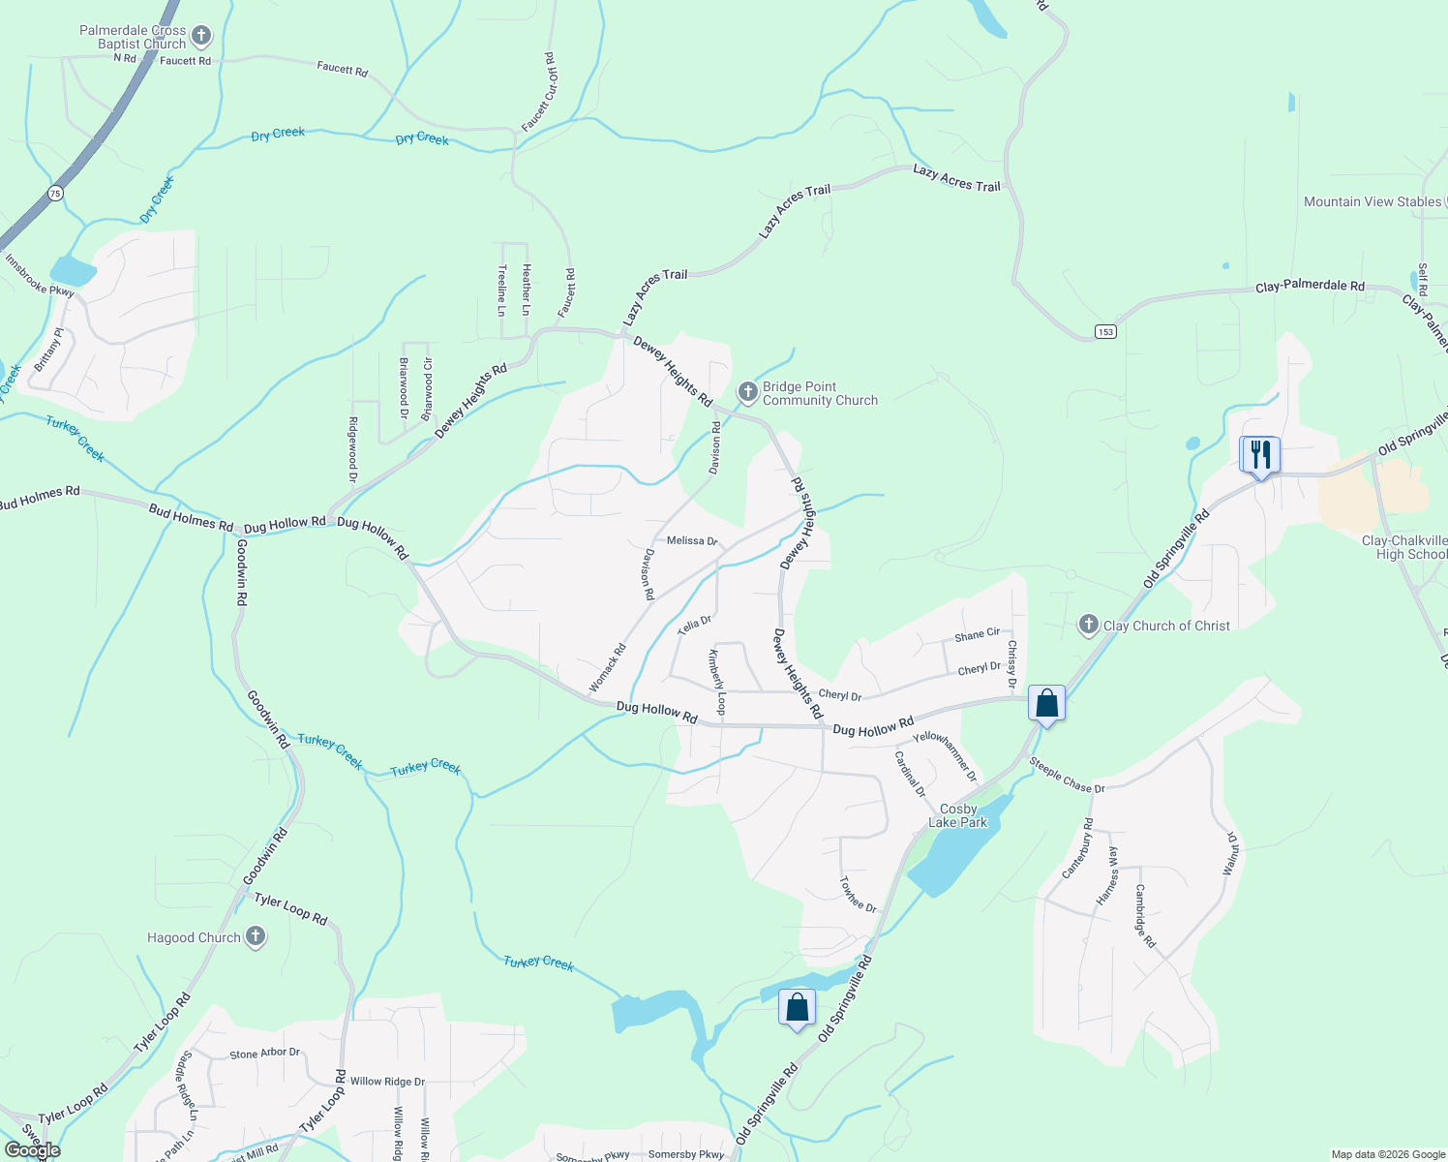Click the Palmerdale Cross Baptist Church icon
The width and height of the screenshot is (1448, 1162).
(201, 37)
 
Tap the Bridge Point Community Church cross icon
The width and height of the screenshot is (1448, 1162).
(747, 392)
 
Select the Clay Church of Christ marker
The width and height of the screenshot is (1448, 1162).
(1088, 625)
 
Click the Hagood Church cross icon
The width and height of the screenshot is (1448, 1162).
(255, 936)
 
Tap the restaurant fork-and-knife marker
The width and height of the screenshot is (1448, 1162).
(1260, 453)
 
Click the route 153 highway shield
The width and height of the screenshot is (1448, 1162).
(1105, 331)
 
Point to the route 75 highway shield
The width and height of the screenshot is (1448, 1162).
(55, 194)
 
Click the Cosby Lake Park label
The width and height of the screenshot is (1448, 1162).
(958, 815)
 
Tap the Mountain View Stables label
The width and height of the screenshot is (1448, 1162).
(1372, 201)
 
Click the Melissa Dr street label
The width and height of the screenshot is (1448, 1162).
(692, 540)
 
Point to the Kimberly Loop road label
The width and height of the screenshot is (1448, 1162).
(716, 683)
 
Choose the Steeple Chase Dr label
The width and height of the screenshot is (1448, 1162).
(1067, 776)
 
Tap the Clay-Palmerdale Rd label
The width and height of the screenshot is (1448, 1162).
(1310, 287)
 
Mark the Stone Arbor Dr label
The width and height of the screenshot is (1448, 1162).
(264, 1054)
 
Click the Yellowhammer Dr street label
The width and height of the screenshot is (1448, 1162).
(946, 756)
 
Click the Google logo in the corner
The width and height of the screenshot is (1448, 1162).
(32, 1150)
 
